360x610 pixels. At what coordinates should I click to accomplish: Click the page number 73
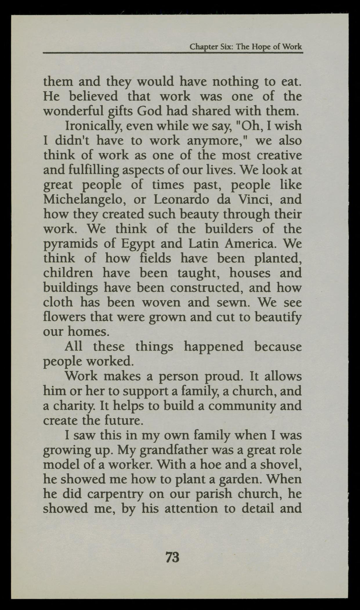pyautogui.click(x=172, y=557)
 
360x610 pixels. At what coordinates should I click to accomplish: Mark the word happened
pyautogui.click(x=214, y=347)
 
